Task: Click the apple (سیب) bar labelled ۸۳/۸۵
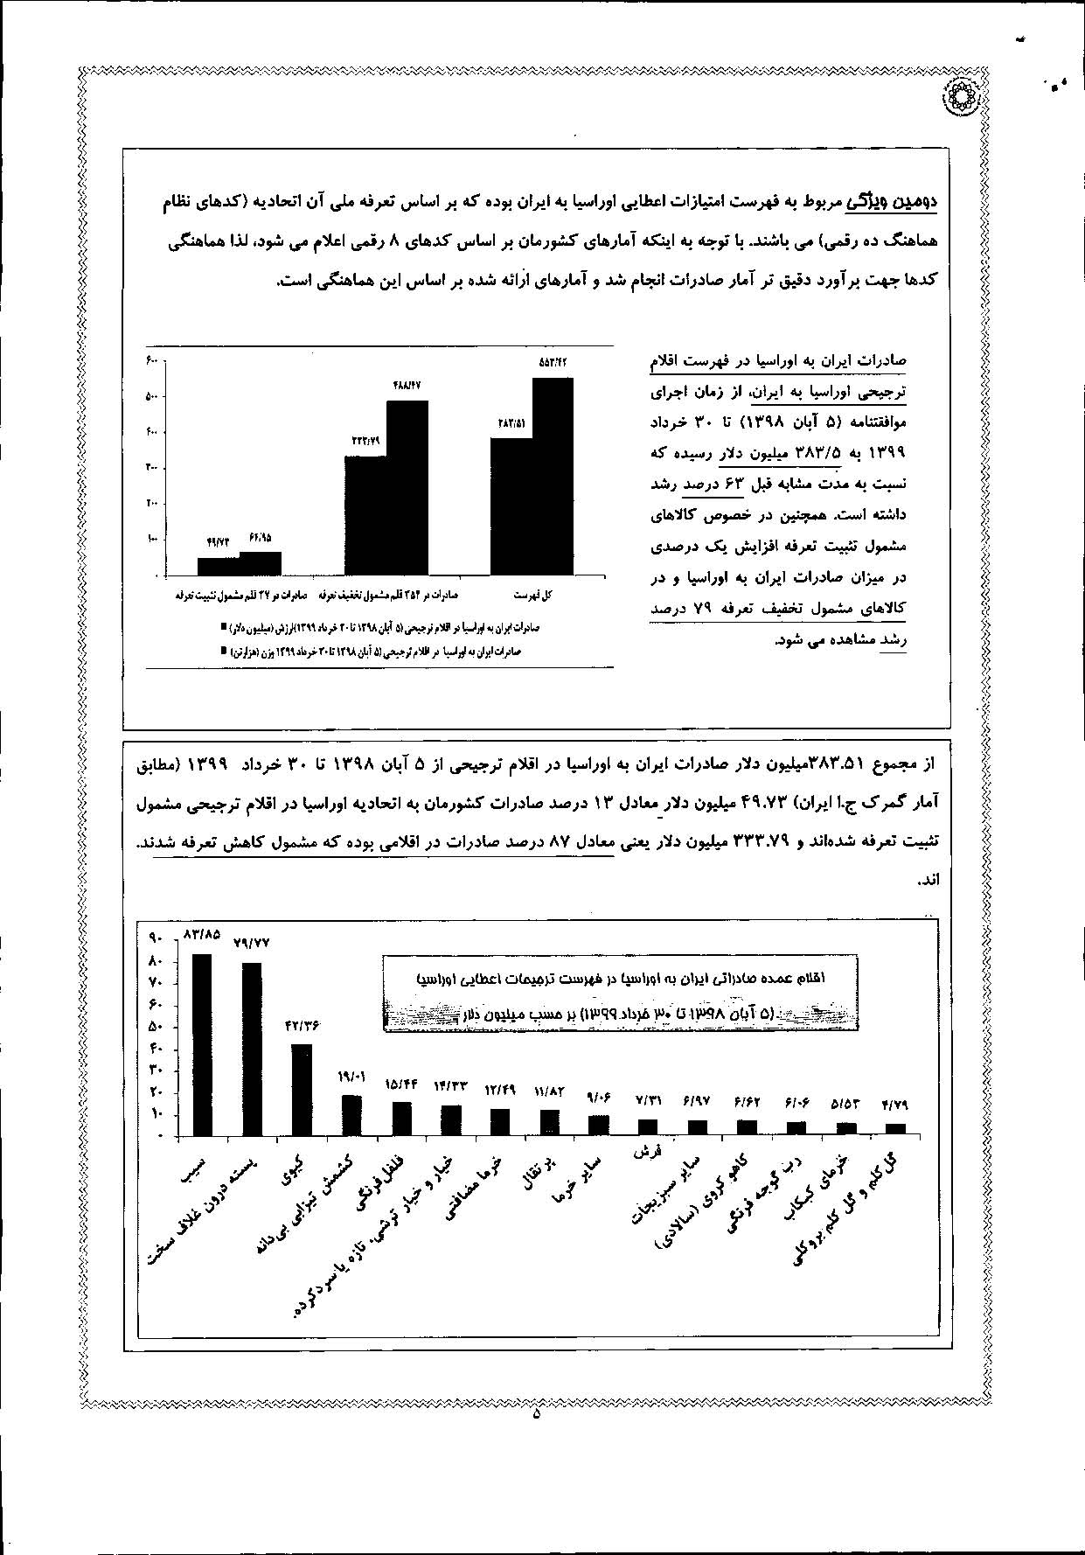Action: (201, 1043)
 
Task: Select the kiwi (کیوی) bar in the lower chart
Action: (301, 1089)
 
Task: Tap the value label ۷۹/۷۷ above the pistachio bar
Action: (252, 943)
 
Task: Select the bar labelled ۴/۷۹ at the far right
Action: (896, 1129)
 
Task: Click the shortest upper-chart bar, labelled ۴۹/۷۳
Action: (218, 566)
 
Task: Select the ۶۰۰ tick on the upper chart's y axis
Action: (151, 362)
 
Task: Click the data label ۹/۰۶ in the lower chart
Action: (599, 1097)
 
